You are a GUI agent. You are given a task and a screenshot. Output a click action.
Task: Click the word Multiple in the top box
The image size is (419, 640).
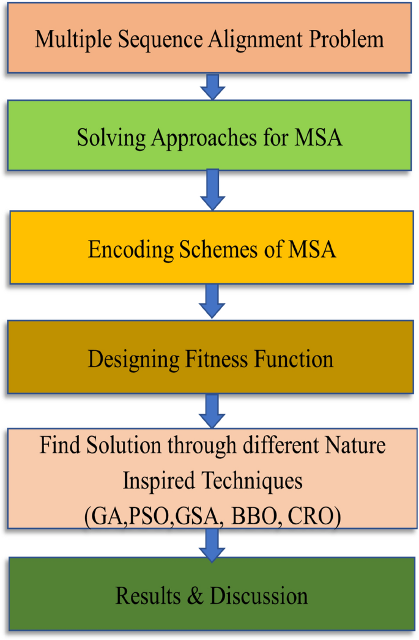coord(64,39)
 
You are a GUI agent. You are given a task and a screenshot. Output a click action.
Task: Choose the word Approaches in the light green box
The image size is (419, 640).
coord(194,137)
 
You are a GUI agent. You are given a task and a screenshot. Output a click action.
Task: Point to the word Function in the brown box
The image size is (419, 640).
coord(295,359)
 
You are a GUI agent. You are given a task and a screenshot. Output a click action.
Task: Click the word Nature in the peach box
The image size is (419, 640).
coord(357,445)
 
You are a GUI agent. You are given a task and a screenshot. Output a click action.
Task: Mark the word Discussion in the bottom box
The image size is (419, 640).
coord(258,595)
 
